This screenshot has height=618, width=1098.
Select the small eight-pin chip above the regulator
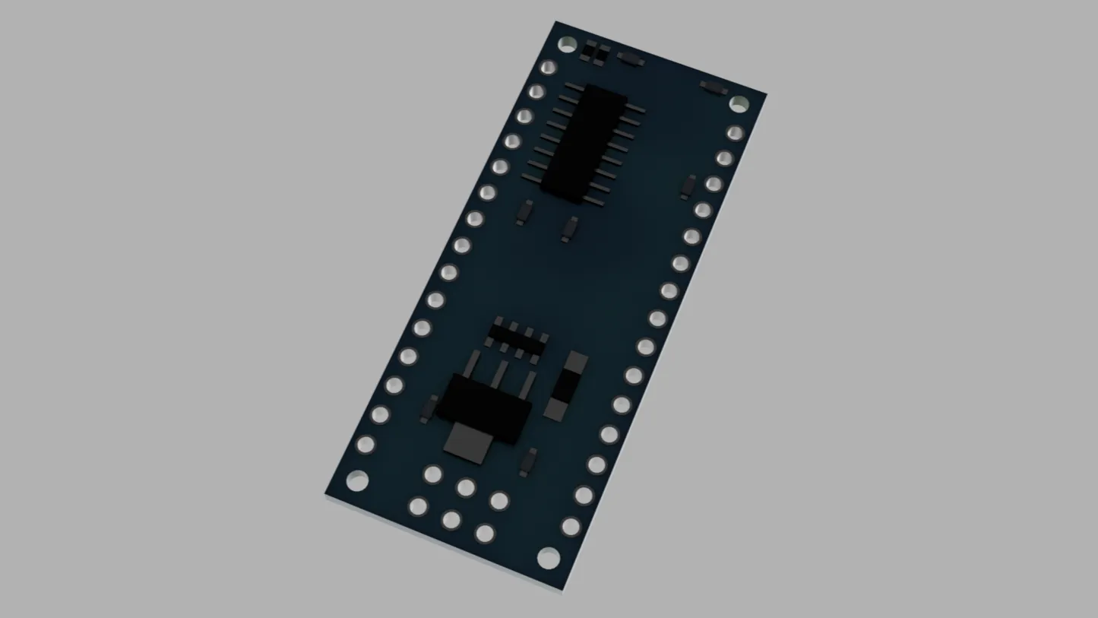pos(517,340)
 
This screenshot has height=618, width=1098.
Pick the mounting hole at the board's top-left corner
pos(567,45)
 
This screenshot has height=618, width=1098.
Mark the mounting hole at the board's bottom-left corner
pos(357,480)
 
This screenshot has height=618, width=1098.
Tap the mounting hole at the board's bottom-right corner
pos(548,559)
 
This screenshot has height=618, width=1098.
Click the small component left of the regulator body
pos(429,408)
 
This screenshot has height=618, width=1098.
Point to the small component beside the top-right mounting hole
pos(713,87)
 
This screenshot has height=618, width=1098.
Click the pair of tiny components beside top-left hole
pos(595,52)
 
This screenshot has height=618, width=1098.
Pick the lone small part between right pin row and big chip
pos(688,185)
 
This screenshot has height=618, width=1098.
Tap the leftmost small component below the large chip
pos(524,212)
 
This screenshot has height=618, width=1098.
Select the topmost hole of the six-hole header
pos(432,474)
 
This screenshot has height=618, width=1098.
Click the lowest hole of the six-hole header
pos(485,534)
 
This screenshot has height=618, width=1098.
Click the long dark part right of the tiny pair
pos(630,59)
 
